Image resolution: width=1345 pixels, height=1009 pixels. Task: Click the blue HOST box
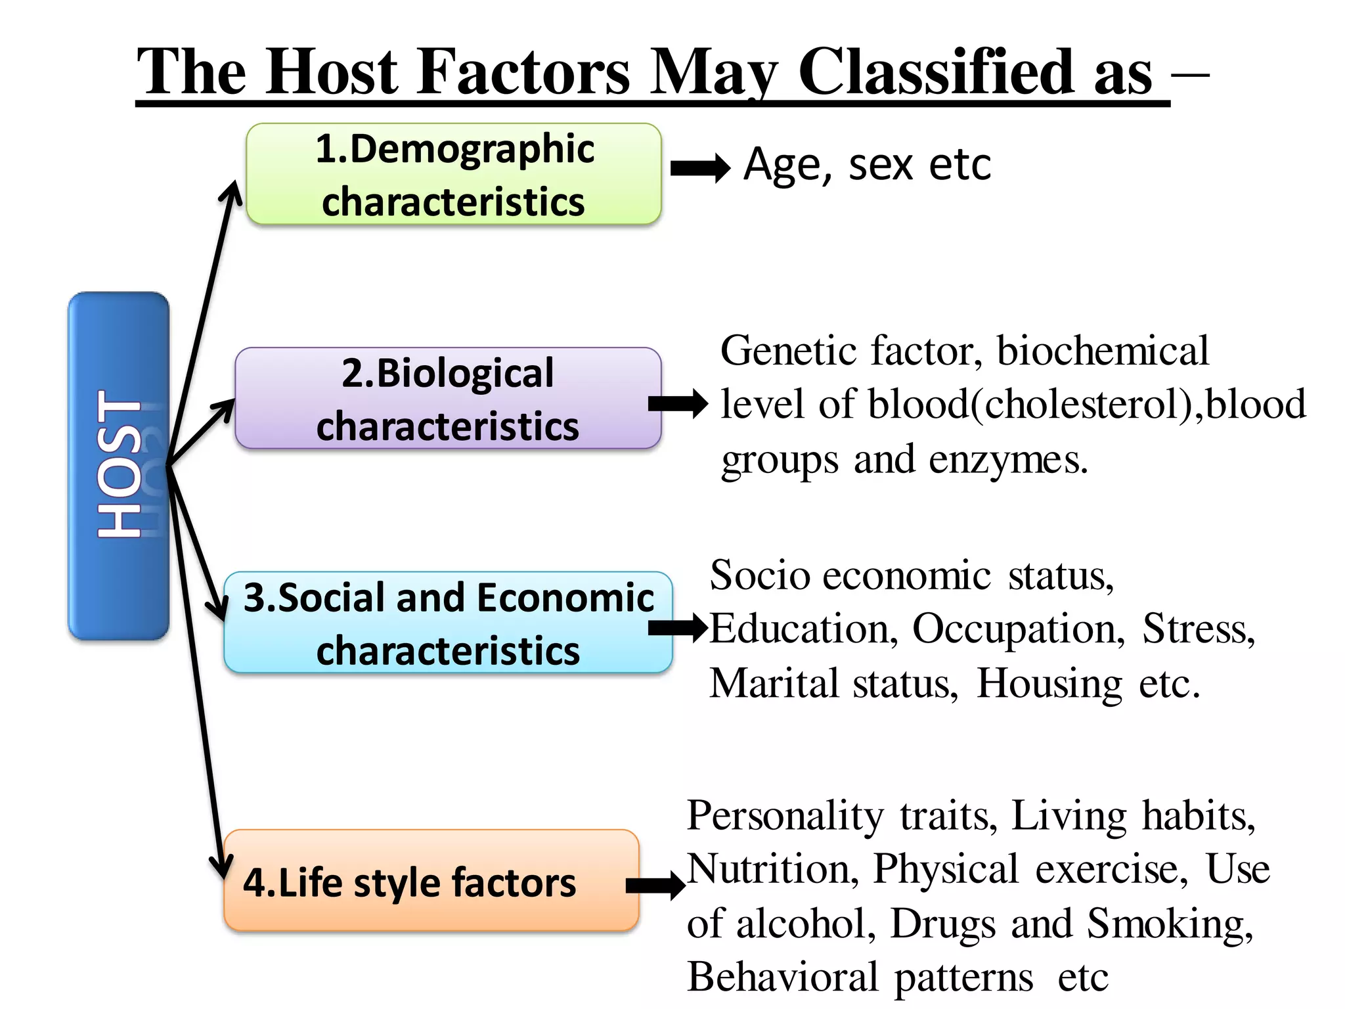(118, 465)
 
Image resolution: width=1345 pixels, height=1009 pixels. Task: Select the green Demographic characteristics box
(453, 174)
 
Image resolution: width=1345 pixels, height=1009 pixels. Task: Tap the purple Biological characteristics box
(448, 399)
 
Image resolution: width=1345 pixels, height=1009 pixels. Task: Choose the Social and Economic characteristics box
(448, 623)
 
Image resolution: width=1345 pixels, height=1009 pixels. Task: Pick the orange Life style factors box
(431, 881)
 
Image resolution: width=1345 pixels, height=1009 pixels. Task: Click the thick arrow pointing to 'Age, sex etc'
(700, 168)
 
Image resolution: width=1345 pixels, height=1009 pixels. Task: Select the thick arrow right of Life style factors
(655, 886)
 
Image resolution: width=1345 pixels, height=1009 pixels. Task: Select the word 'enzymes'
(1007, 460)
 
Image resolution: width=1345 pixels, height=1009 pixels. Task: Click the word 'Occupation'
(1018, 629)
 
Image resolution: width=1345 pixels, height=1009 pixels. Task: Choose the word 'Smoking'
(1170, 924)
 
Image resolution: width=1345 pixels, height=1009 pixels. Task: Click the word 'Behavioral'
(782, 977)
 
